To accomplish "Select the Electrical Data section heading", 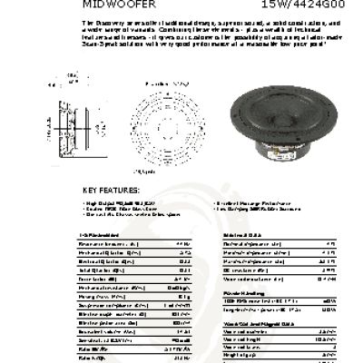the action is [x=240, y=235].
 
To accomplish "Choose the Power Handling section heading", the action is [x=241, y=294].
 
